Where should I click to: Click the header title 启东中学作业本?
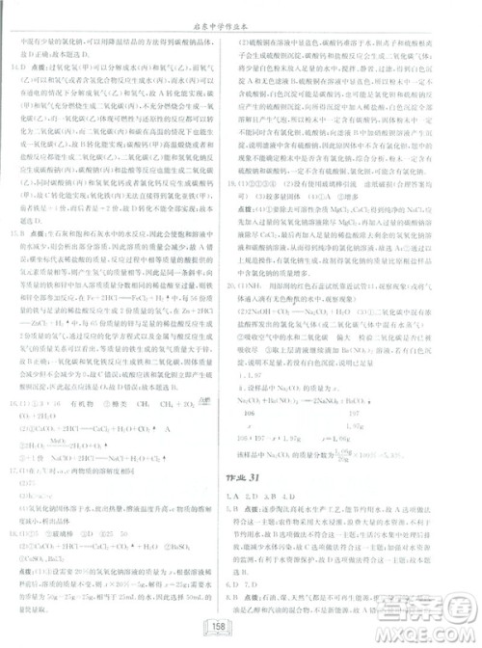[x=241, y=13]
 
